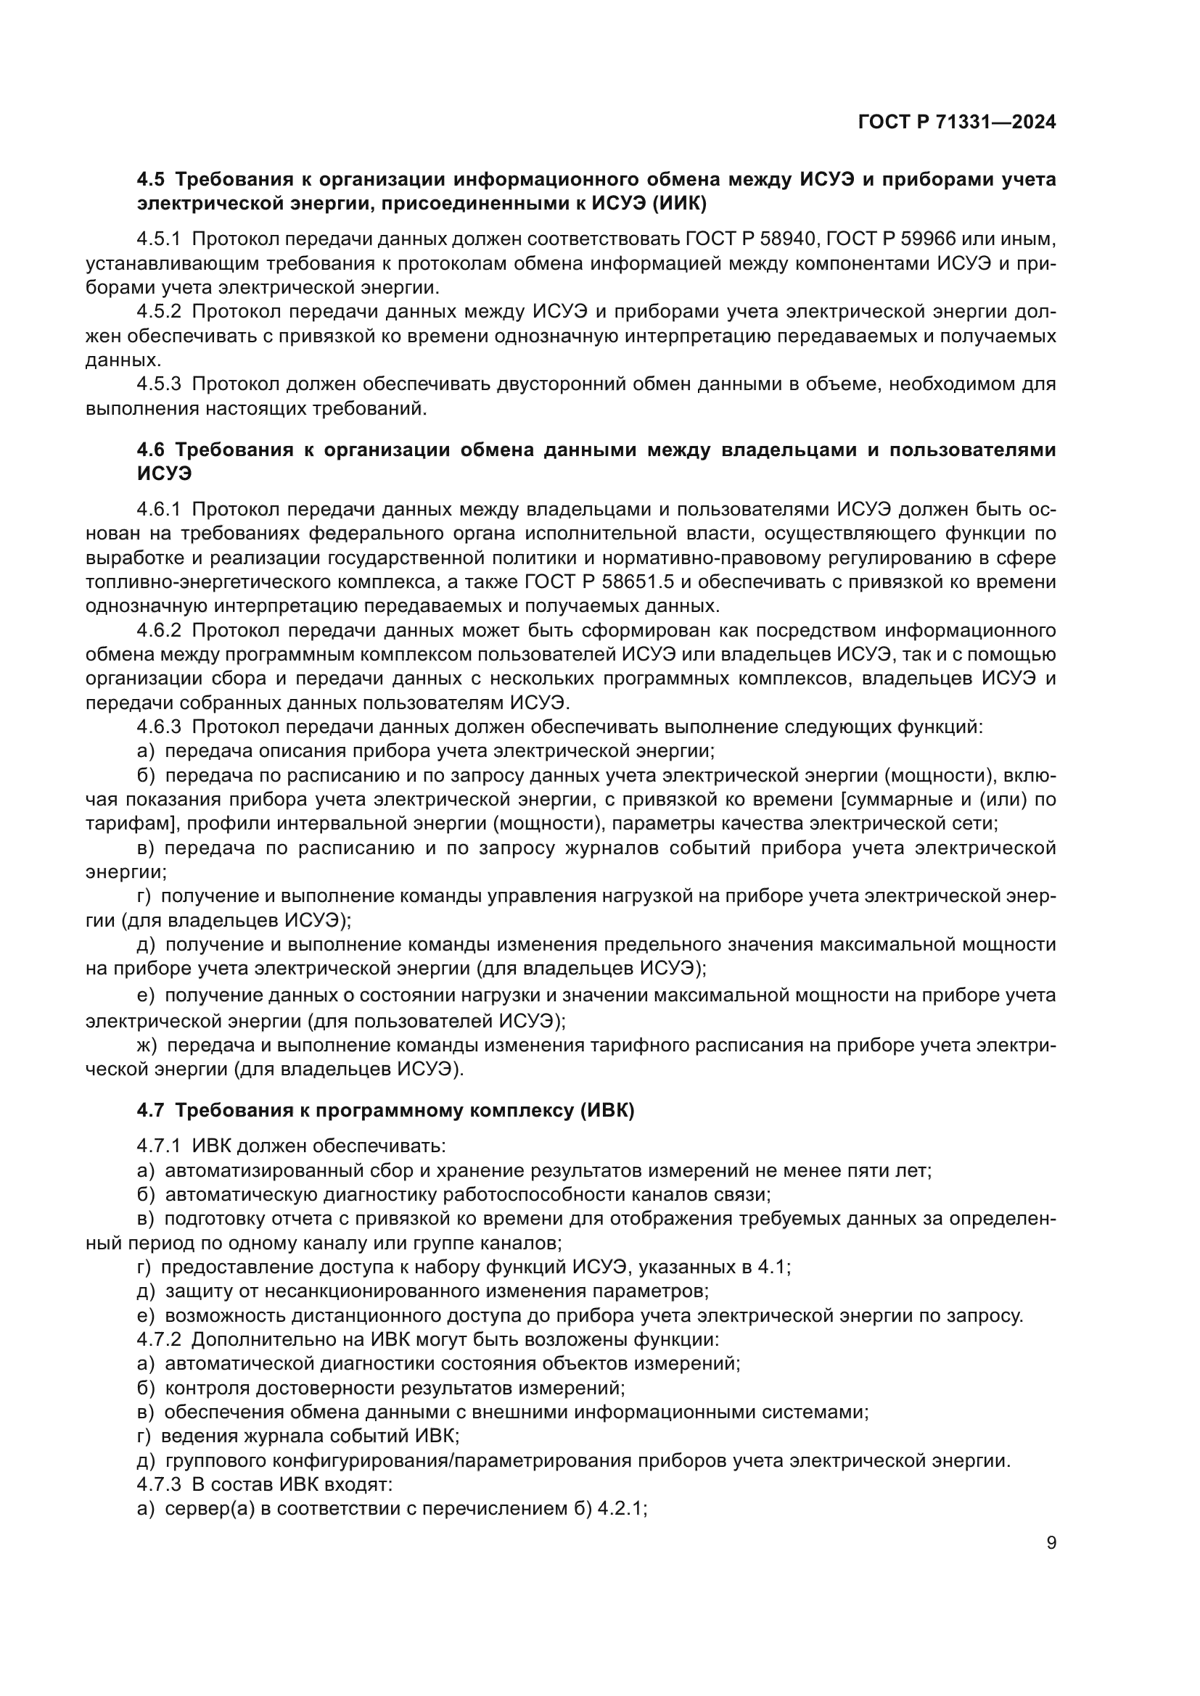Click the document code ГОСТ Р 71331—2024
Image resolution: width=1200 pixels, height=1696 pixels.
[957, 123]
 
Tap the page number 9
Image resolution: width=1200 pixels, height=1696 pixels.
[1051, 1543]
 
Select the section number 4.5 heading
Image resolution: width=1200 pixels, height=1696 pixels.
[151, 180]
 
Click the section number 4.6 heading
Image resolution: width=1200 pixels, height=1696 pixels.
[151, 450]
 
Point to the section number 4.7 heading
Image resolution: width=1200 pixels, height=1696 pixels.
[151, 1110]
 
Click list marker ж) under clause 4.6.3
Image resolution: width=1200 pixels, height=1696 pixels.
[147, 1046]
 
